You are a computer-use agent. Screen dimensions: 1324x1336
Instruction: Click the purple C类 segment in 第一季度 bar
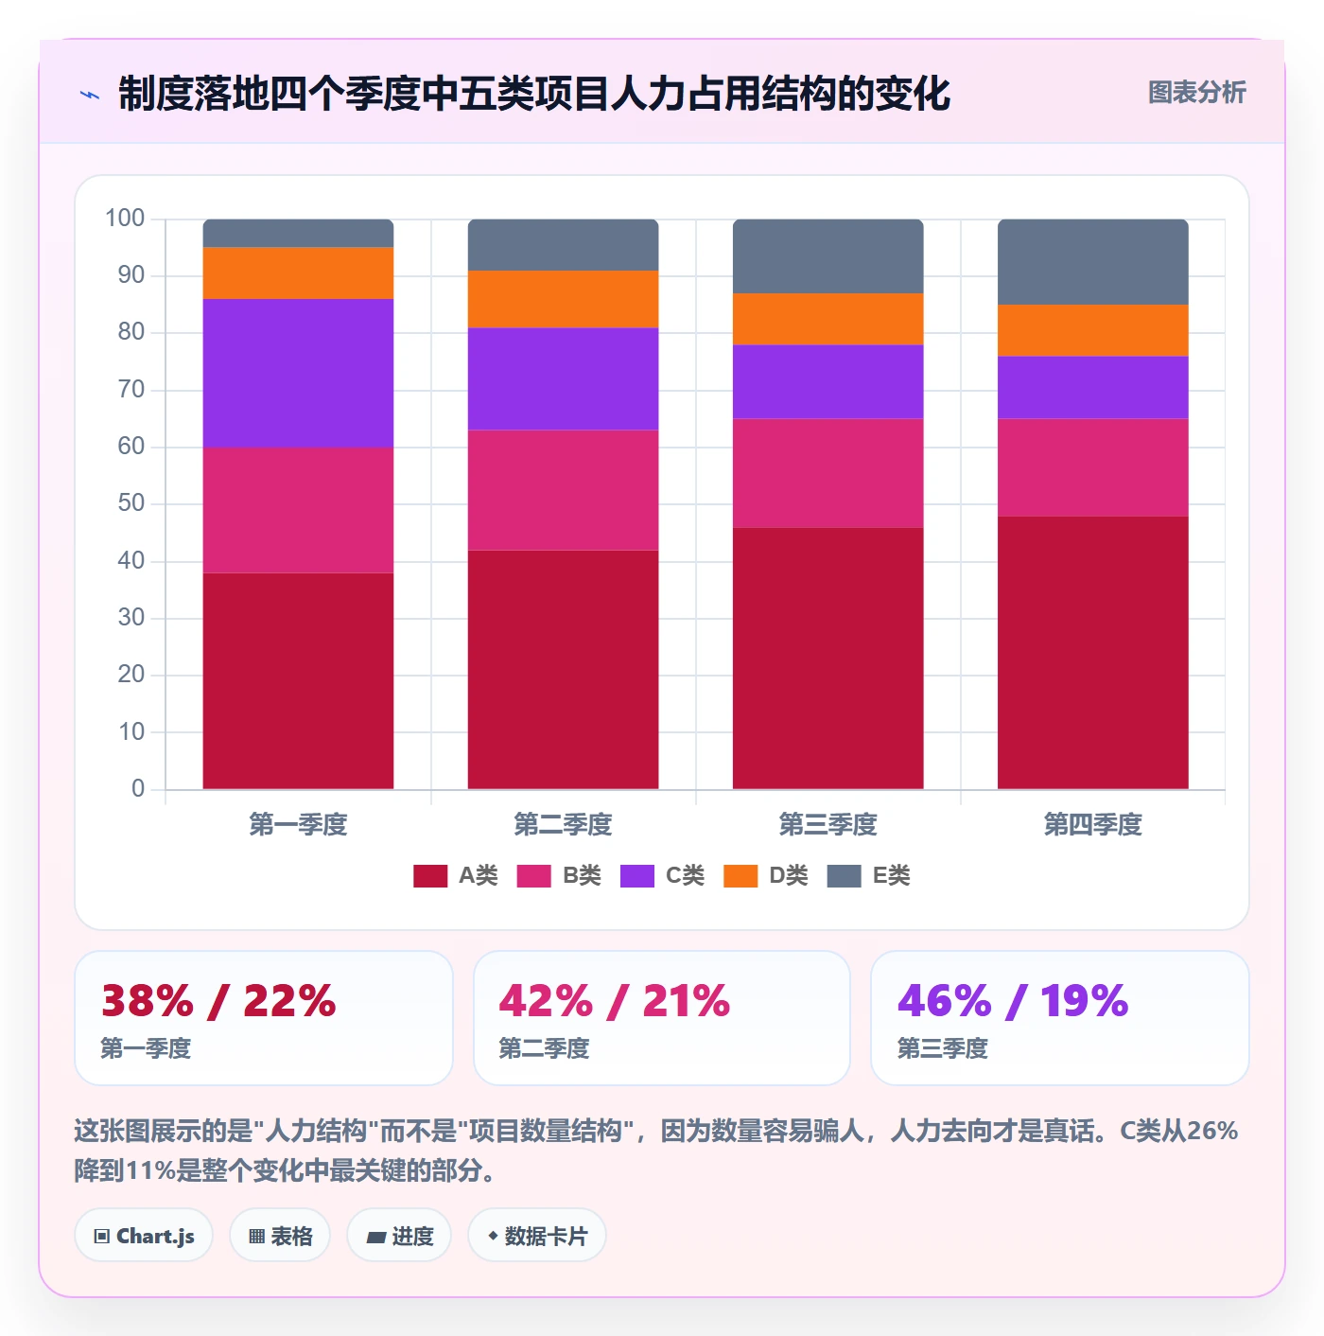(x=298, y=373)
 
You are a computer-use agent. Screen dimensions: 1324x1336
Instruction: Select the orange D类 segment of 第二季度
(x=563, y=299)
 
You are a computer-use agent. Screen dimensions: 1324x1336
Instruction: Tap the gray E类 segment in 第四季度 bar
(x=1092, y=262)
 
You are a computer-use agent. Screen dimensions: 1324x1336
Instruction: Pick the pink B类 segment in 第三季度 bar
(x=827, y=473)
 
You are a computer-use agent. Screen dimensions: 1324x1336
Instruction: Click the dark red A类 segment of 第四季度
(x=1092, y=653)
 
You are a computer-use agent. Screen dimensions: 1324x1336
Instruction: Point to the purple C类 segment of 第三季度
(x=827, y=381)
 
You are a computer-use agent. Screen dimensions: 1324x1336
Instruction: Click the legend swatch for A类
(x=429, y=875)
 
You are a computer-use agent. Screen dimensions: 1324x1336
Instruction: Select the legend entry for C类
(x=661, y=875)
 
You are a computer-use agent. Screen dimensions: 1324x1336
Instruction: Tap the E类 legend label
(x=891, y=875)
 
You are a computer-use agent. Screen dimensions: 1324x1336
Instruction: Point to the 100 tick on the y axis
(x=125, y=219)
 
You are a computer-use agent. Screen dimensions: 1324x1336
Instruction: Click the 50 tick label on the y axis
(x=131, y=503)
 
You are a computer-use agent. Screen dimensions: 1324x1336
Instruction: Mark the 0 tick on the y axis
(x=138, y=788)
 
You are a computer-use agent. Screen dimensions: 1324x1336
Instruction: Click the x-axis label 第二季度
(x=563, y=824)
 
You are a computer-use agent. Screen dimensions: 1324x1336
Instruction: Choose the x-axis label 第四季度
(x=1092, y=824)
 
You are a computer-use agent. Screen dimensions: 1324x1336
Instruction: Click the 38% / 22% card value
(x=218, y=1000)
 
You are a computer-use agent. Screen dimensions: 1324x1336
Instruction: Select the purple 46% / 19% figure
(x=1013, y=1000)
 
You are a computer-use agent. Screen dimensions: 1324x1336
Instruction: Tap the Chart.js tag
(x=144, y=1236)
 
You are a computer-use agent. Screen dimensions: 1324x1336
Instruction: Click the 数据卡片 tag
(x=537, y=1236)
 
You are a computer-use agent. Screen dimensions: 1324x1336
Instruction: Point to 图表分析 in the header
(x=1196, y=92)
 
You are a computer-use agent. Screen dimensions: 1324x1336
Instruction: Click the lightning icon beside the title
(x=90, y=95)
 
